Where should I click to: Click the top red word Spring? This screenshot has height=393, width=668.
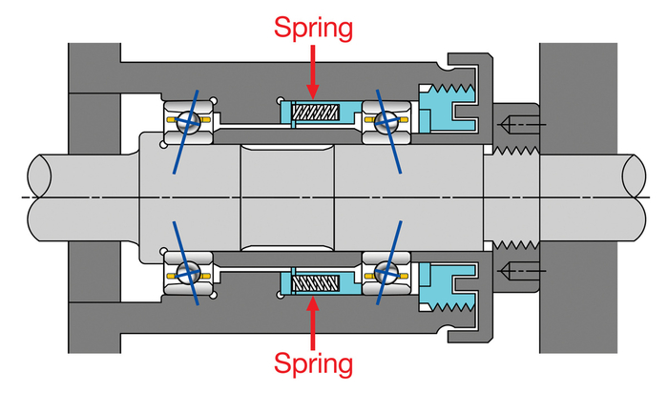313,28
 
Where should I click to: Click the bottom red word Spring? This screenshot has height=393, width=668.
313,364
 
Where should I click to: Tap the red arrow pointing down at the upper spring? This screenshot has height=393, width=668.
313,72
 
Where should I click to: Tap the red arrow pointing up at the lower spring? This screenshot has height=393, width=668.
313,322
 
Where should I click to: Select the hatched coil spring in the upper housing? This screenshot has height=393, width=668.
315,113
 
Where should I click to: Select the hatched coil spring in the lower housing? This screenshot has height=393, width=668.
315,282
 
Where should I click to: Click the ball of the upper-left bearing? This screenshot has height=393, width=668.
188,120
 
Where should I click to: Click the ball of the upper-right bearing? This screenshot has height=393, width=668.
386,120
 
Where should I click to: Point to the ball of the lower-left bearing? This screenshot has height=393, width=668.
188,274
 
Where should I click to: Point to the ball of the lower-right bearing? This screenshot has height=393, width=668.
386,274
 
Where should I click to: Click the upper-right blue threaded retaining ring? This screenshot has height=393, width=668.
448,108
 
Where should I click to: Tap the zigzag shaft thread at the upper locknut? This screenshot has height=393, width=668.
516,151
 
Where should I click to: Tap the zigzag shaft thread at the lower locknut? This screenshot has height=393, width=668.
516,245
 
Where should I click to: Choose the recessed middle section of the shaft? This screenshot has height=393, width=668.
287,197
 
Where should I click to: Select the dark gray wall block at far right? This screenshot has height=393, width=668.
578,98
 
